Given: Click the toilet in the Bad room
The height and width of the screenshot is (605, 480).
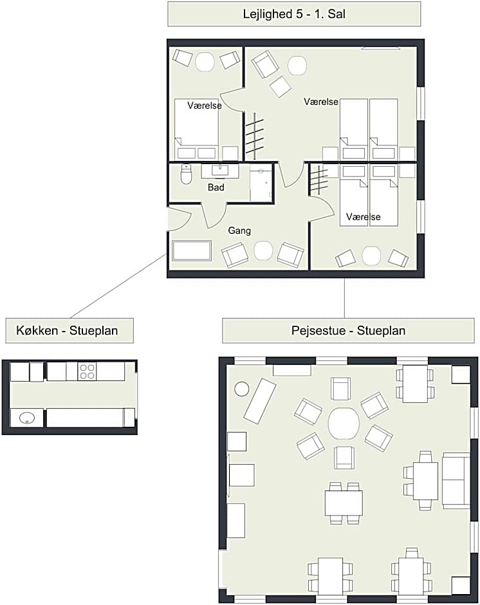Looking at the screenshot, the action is coord(186,174).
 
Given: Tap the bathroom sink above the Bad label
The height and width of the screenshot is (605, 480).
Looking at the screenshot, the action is coord(220,170).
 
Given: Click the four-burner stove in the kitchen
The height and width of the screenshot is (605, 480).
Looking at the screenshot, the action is coord(87,371).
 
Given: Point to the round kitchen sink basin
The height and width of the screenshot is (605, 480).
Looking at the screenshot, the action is coord(26,418).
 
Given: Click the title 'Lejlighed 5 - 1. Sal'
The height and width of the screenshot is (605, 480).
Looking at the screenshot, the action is coord(294,14).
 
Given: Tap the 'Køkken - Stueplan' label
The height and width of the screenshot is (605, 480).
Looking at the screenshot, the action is coord(67,331).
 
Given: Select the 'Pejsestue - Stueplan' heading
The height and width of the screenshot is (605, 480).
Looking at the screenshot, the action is coord(349,331).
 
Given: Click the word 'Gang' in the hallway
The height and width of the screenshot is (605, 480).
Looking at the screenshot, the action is coord(239,230).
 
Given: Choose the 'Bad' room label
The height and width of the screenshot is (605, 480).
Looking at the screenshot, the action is coord(216,187).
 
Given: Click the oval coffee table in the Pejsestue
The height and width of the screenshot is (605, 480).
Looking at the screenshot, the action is coord(344,423).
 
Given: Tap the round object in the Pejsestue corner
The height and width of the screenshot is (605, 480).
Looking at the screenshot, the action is coord(242,389).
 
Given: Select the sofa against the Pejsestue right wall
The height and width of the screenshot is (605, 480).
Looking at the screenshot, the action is coord(456,480).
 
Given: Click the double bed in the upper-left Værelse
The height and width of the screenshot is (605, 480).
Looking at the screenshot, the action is coord(196,129).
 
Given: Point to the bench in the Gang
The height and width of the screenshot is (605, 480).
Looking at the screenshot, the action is coord(192,251).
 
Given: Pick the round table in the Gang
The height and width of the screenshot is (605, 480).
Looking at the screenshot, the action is coord(263,250).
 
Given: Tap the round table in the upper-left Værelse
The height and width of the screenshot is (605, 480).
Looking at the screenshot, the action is coord(205,62).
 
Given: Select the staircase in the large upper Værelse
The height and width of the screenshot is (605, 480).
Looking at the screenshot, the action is coord(255,136).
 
